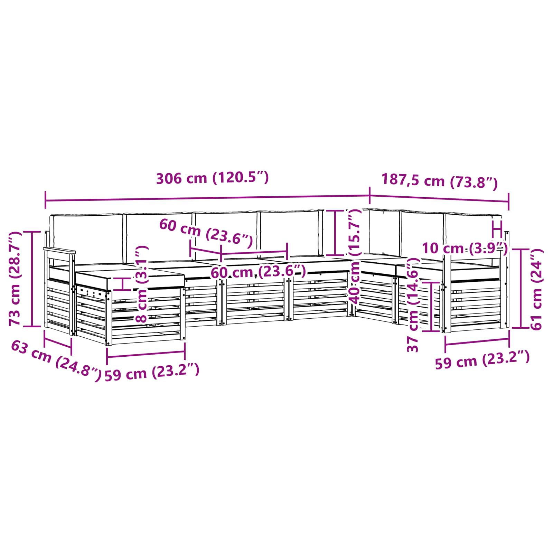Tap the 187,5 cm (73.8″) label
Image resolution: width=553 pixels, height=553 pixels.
[439, 181]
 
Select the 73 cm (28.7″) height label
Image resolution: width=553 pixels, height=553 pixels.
[15, 279]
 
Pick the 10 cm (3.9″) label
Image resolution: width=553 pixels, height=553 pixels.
[465, 248]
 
